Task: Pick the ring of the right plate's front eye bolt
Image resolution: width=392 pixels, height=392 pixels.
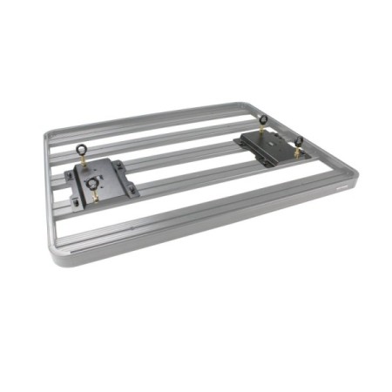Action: (x=298, y=142)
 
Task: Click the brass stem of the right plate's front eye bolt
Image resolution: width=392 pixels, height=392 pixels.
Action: (x=296, y=153)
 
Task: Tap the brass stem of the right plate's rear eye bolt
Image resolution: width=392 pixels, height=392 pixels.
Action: (x=264, y=133)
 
